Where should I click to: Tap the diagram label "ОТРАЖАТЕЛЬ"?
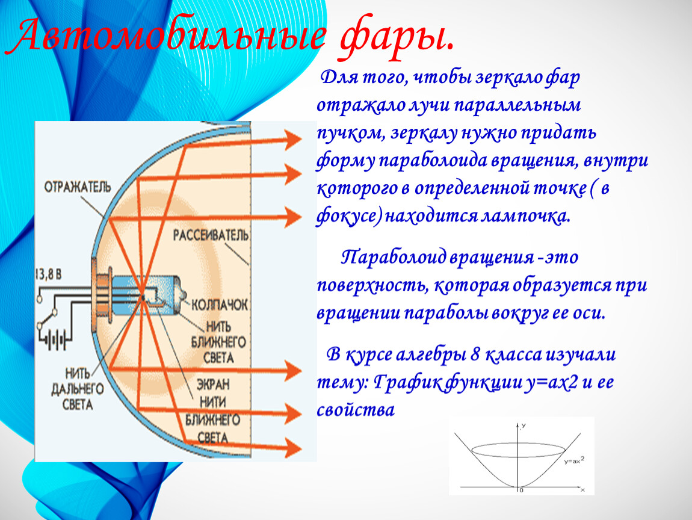pos(78,188)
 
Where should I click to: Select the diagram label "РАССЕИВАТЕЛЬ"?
pos(211,235)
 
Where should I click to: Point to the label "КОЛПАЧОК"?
pos(220,305)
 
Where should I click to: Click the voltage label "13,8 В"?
pos(49,274)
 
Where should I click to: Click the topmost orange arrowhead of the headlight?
pos(293,139)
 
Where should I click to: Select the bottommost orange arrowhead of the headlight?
pos(293,447)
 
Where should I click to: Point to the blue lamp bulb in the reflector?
pos(146,295)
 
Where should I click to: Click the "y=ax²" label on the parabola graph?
pos(574,460)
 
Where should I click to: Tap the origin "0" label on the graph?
pos(522,490)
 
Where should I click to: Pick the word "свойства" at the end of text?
pos(356,410)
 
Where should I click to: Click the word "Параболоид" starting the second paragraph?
pos(393,257)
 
